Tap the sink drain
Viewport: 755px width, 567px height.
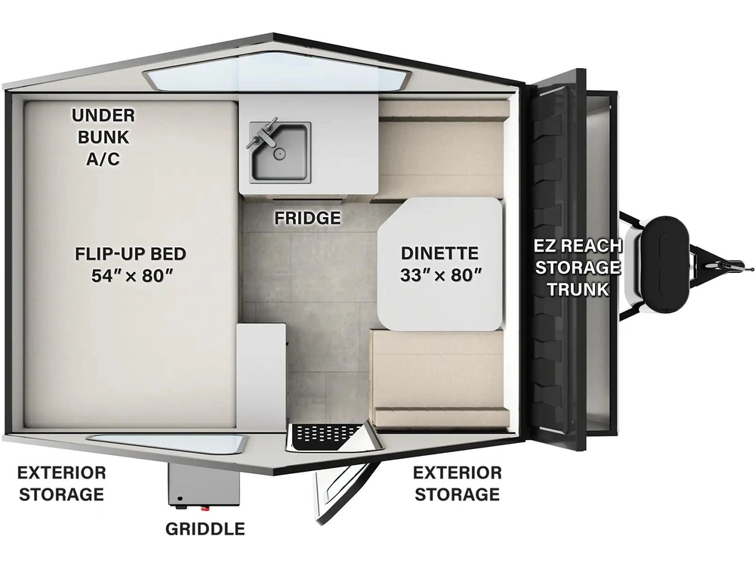point(278,153)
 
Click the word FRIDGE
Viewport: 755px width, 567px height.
point(307,218)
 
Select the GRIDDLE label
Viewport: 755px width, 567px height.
point(205,529)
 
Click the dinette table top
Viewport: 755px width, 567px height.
point(440,264)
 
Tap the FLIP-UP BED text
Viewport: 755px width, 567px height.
point(131,253)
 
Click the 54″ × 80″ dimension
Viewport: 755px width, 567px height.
point(132,275)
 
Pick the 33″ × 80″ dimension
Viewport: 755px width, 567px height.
point(441,275)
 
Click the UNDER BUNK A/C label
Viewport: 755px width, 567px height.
point(103,137)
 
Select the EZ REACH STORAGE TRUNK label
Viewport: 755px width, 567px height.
point(578,267)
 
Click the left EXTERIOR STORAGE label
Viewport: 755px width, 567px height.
point(62,484)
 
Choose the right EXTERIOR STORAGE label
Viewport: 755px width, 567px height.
point(458,484)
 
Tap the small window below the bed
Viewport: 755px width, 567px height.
point(168,443)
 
